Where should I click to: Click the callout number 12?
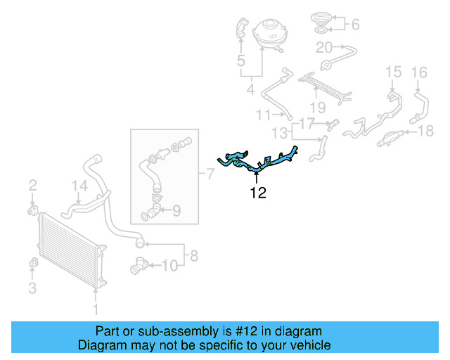point(259,193)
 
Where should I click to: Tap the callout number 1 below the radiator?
point(96,309)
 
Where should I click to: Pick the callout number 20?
point(324,48)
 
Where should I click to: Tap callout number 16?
point(419,71)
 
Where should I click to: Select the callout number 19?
point(318,108)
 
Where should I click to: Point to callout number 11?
point(263,115)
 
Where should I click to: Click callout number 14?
point(80,186)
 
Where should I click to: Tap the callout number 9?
point(176,209)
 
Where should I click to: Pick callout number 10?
point(170,265)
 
